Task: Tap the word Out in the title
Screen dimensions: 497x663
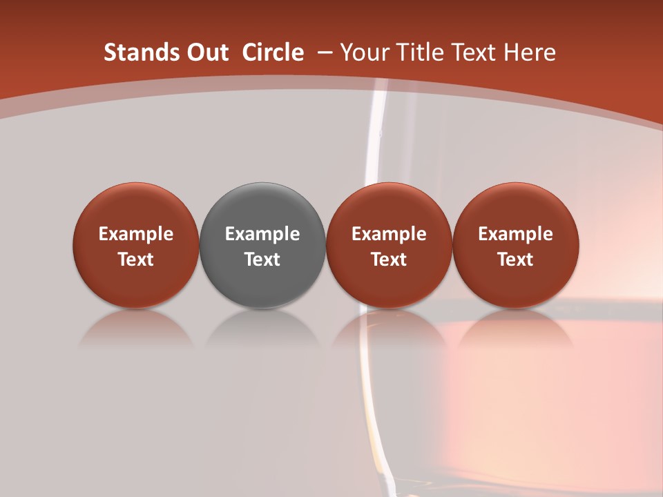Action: [x=206, y=52]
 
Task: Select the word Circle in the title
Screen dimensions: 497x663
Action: [x=273, y=52]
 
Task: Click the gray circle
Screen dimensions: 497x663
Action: [x=262, y=245]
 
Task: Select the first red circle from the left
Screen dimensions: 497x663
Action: [x=136, y=245]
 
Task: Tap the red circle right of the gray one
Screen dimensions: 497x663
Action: [x=389, y=245]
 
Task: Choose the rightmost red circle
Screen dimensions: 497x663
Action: [x=516, y=245]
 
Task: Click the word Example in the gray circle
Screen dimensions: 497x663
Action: [x=262, y=234]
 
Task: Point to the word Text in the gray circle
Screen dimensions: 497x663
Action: [x=262, y=260]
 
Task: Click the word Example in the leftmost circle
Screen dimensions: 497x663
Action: [x=136, y=234]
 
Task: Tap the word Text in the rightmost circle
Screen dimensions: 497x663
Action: [x=516, y=260]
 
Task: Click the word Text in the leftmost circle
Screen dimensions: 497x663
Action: [x=136, y=260]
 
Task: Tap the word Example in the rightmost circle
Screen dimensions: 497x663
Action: [x=516, y=234]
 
